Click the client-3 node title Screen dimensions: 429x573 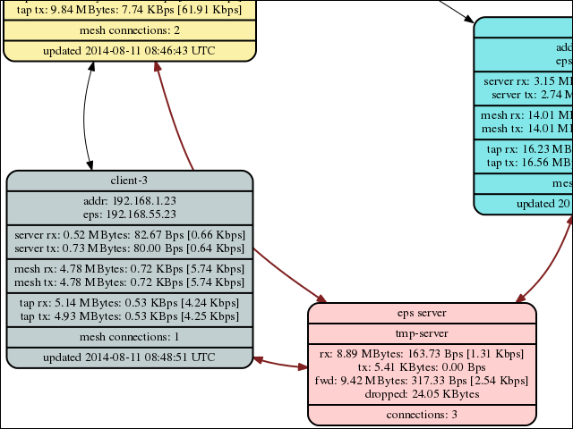pyautogui.click(x=129, y=181)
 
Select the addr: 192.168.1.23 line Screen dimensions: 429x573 pyautogui.click(x=129, y=202)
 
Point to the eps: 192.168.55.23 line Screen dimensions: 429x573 pyautogui.click(x=129, y=214)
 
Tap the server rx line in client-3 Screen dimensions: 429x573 pyautogui.click(x=129, y=235)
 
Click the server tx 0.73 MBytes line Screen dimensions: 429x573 pyautogui.click(x=129, y=248)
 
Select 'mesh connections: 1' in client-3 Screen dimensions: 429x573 pyautogui.click(x=129, y=336)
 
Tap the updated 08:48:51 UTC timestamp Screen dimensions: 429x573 pyautogui.click(x=129, y=357)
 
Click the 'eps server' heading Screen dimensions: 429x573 pyautogui.click(x=422, y=313)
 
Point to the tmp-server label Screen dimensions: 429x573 pyautogui.click(x=422, y=333)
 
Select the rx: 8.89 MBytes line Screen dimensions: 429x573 pyautogui.click(x=422, y=354)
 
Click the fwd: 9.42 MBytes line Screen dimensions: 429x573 pyautogui.click(x=422, y=380)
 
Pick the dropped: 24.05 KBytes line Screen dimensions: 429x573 pyautogui.click(x=422, y=393)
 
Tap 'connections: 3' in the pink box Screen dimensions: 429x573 pyautogui.click(x=422, y=415)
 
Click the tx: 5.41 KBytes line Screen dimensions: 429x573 pyautogui.click(x=422, y=367)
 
